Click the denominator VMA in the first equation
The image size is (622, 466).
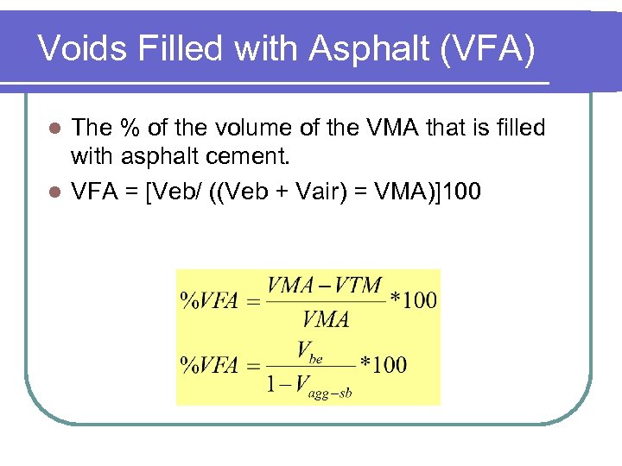pos(326,319)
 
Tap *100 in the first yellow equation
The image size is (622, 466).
pos(413,301)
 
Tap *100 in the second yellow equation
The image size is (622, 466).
pos(383,365)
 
